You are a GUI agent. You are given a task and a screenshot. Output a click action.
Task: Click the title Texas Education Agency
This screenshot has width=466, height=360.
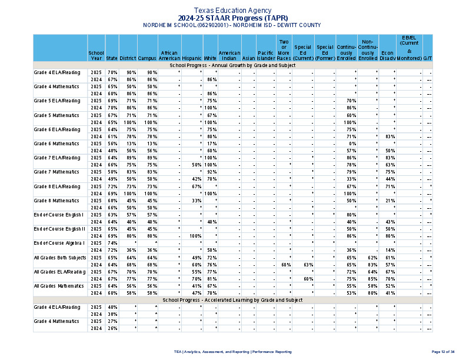(x=232, y=11)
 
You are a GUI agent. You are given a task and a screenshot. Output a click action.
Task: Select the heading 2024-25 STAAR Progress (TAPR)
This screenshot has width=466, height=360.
(x=232, y=18)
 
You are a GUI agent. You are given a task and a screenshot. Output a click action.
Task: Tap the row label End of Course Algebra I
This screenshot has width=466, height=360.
(x=59, y=243)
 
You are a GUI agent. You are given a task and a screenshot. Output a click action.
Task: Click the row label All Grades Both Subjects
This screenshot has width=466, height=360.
(x=60, y=257)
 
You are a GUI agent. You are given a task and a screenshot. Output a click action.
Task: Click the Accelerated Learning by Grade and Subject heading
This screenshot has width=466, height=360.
(x=232, y=300)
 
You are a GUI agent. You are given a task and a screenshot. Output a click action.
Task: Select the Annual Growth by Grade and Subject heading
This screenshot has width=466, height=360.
(x=232, y=65)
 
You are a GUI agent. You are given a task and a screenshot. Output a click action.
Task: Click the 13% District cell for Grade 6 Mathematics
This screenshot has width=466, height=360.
(x=131, y=144)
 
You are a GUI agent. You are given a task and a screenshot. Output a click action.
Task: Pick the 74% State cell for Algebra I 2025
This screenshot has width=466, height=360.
(x=112, y=243)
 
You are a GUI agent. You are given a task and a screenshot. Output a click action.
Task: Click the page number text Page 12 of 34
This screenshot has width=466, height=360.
(x=443, y=351)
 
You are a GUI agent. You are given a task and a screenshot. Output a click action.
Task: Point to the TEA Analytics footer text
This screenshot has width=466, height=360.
(x=232, y=351)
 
